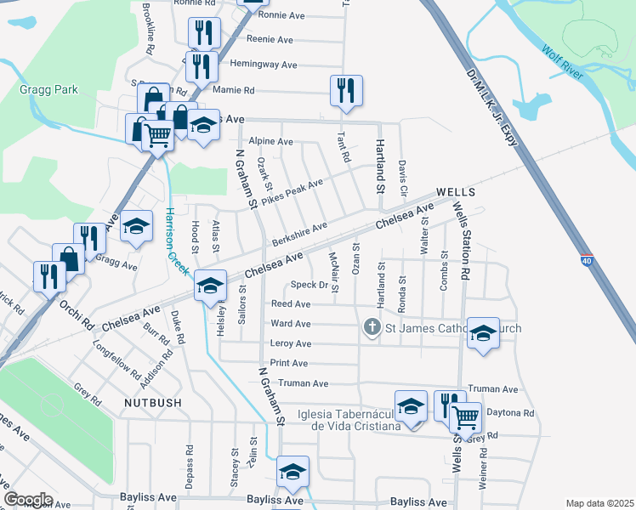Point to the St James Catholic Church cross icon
click(x=372, y=326)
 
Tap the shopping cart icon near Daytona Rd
click(x=465, y=417)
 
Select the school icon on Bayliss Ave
click(x=292, y=471)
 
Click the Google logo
click(x=28, y=499)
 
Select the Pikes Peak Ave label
click(x=292, y=194)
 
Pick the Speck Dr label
click(x=309, y=285)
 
